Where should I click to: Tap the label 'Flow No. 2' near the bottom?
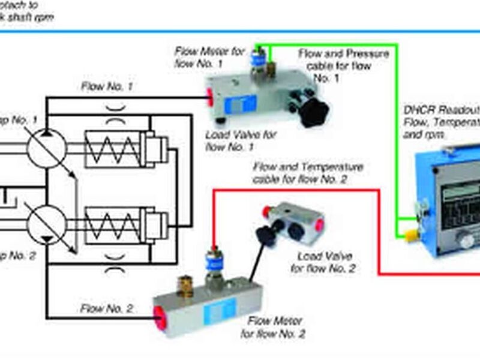point(107,310)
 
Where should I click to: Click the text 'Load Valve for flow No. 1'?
point(241,140)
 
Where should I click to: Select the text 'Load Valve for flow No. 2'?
point(323,262)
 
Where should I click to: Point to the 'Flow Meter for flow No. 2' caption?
point(273,328)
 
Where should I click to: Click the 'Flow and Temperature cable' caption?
point(308,172)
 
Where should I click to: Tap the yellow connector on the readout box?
point(412,233)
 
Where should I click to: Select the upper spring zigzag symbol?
point(111,147)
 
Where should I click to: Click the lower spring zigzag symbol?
point(111,224)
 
